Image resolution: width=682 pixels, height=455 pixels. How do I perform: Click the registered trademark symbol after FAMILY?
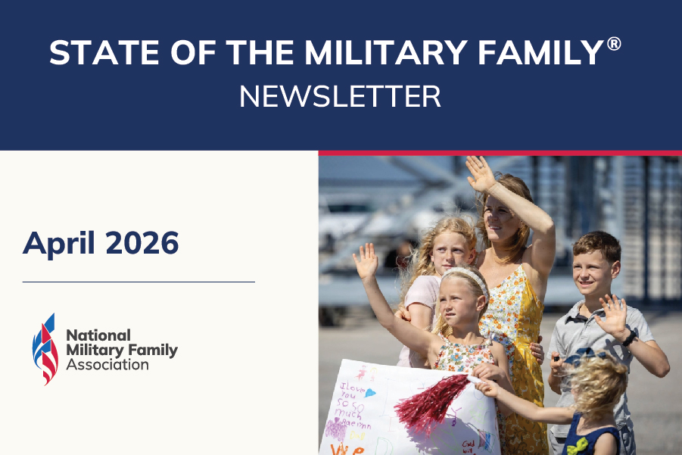(x=614, y=44)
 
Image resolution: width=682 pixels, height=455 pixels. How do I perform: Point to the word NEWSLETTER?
(x=340, y=97)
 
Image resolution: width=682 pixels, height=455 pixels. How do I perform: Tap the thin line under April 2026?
(x=139, y=282)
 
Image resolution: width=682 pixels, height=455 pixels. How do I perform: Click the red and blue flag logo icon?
(x=45, y=348)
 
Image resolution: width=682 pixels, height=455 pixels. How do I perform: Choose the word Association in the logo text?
(x=107, y=365)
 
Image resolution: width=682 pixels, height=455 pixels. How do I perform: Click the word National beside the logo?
(x=98, y=335)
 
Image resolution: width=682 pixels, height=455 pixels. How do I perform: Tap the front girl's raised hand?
(x=366, y=261)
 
